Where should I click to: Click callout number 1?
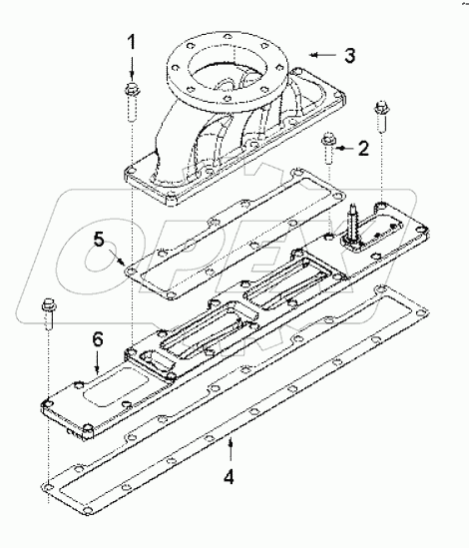point(132,44)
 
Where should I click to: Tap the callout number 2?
point(363,149)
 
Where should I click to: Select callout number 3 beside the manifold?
point(348,55)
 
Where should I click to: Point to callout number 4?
point(230,476)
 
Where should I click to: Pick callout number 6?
point(97,340)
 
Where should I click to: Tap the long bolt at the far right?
point(379,118)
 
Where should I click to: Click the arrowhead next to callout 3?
point(313,51)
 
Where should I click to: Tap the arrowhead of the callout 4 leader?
point(230,439)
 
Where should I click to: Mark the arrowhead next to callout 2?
point(341,148)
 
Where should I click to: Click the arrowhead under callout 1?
point(132,76)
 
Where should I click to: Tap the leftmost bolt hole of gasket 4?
point(47,486)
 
